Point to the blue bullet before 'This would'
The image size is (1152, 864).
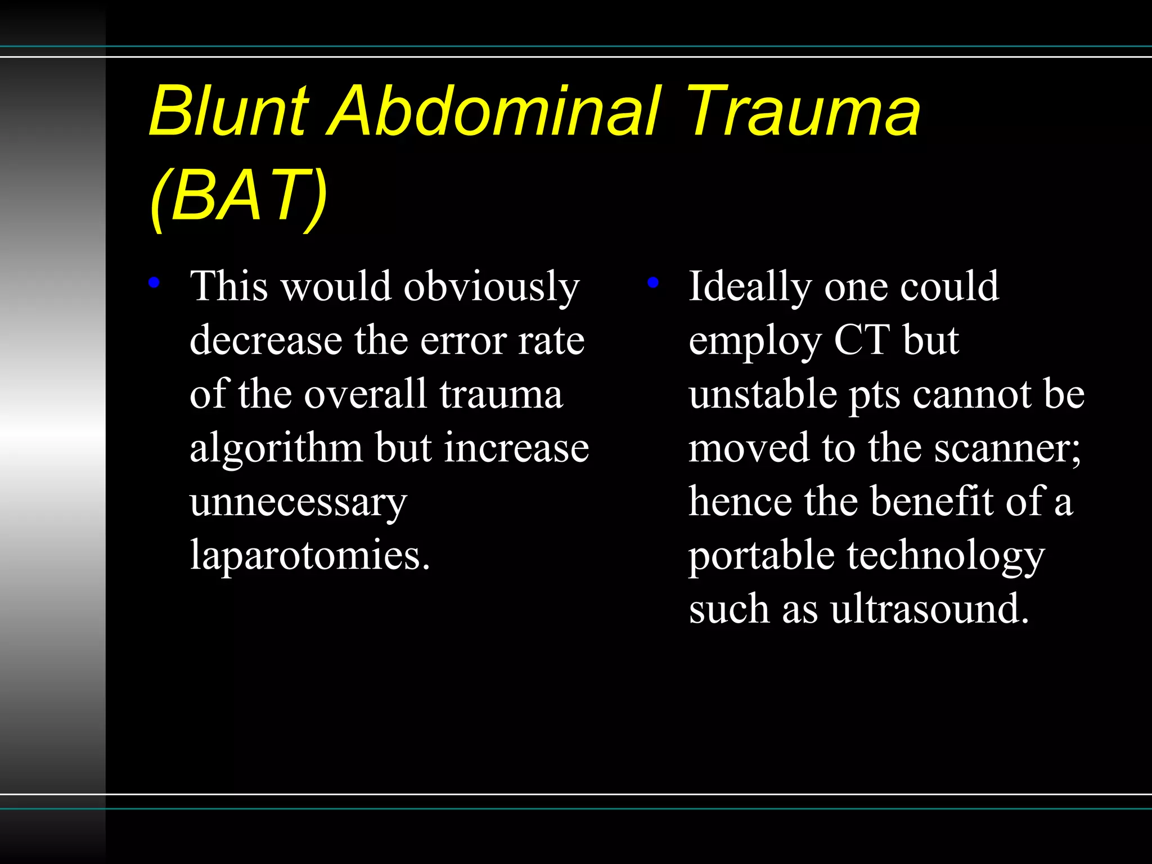[154, 282]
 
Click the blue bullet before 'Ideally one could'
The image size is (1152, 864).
[652, 282]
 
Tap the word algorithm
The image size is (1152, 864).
[276, 449]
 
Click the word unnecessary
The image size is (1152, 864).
[298, 502]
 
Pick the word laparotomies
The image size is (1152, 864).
[310, 555]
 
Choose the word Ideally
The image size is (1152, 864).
[750, 287]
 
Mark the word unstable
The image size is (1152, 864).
[763, 394]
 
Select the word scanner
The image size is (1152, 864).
[1007, 449]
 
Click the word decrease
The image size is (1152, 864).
[266, 341]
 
